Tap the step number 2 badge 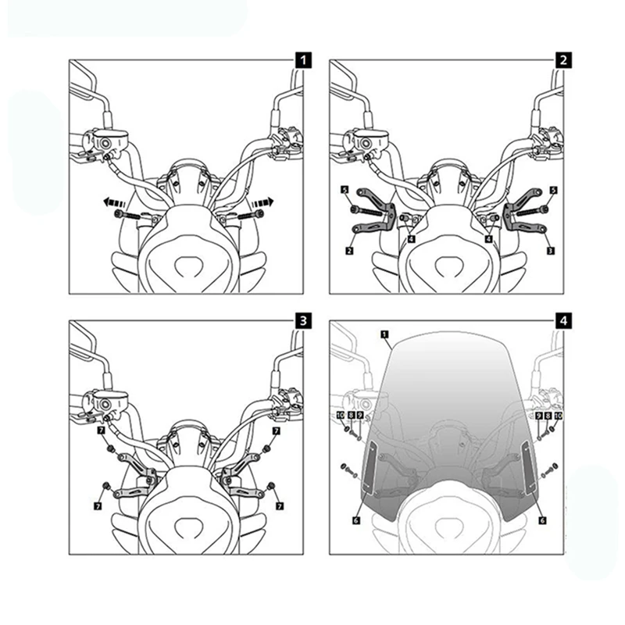(563, 59)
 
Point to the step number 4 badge (563, 320)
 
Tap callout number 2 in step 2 (349, 251)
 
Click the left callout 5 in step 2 (345, 190)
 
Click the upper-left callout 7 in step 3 (101, 430)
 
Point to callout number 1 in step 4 (384, 334)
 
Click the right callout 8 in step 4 (548, 416)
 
